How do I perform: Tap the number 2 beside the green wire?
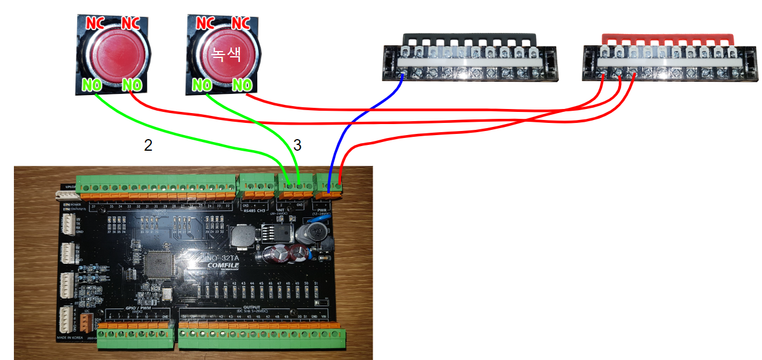tap(148, 146)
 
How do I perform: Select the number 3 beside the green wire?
tap(297, 146)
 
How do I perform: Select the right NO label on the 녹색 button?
tap(243, 85)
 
